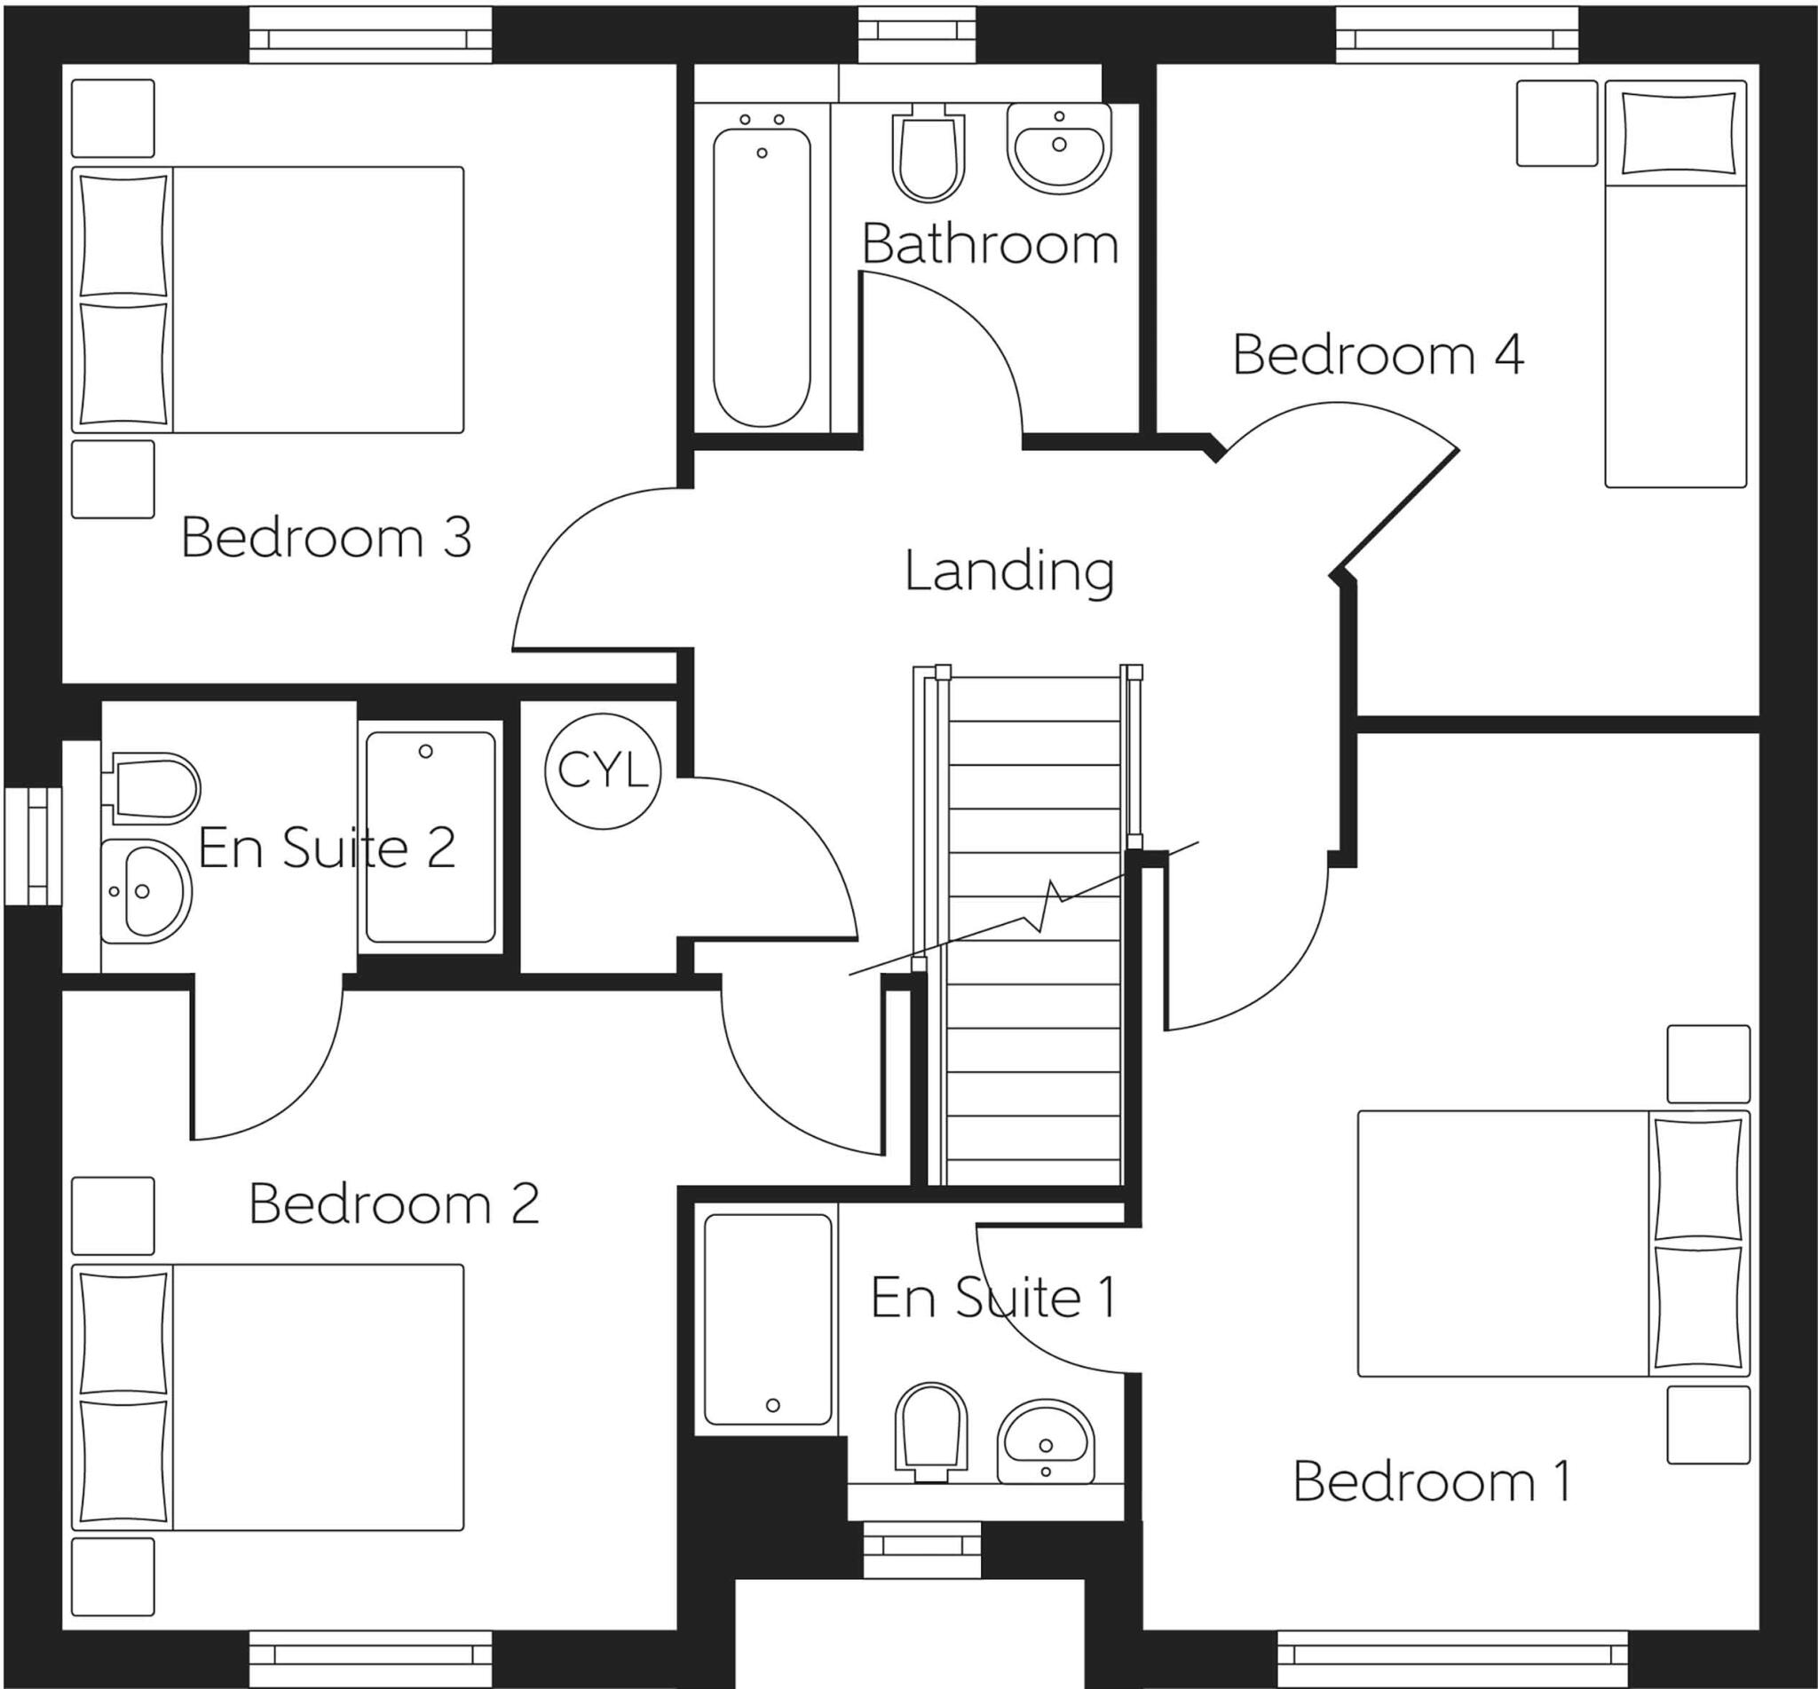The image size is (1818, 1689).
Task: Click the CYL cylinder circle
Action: [602, 770]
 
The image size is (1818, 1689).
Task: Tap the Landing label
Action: [1009, 572]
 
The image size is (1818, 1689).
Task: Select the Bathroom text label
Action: [990, 245]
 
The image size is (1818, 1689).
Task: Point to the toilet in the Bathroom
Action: [928, 155]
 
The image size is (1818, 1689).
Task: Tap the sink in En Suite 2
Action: [145, 891]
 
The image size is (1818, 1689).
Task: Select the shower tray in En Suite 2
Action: [431, 836]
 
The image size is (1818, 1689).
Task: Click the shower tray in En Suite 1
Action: [767, 1319]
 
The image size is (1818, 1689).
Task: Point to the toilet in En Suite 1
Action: [930, 1432]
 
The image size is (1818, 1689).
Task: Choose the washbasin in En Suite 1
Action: [1045, 1441]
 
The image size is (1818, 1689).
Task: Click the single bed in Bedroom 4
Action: [1675, 283]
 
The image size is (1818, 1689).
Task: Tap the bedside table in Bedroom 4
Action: [1557, 122]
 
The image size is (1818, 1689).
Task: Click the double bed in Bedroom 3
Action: [268, 299]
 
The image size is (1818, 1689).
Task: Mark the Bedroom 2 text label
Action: [394, 1204]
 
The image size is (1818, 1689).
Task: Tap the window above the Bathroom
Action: [918, 31]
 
